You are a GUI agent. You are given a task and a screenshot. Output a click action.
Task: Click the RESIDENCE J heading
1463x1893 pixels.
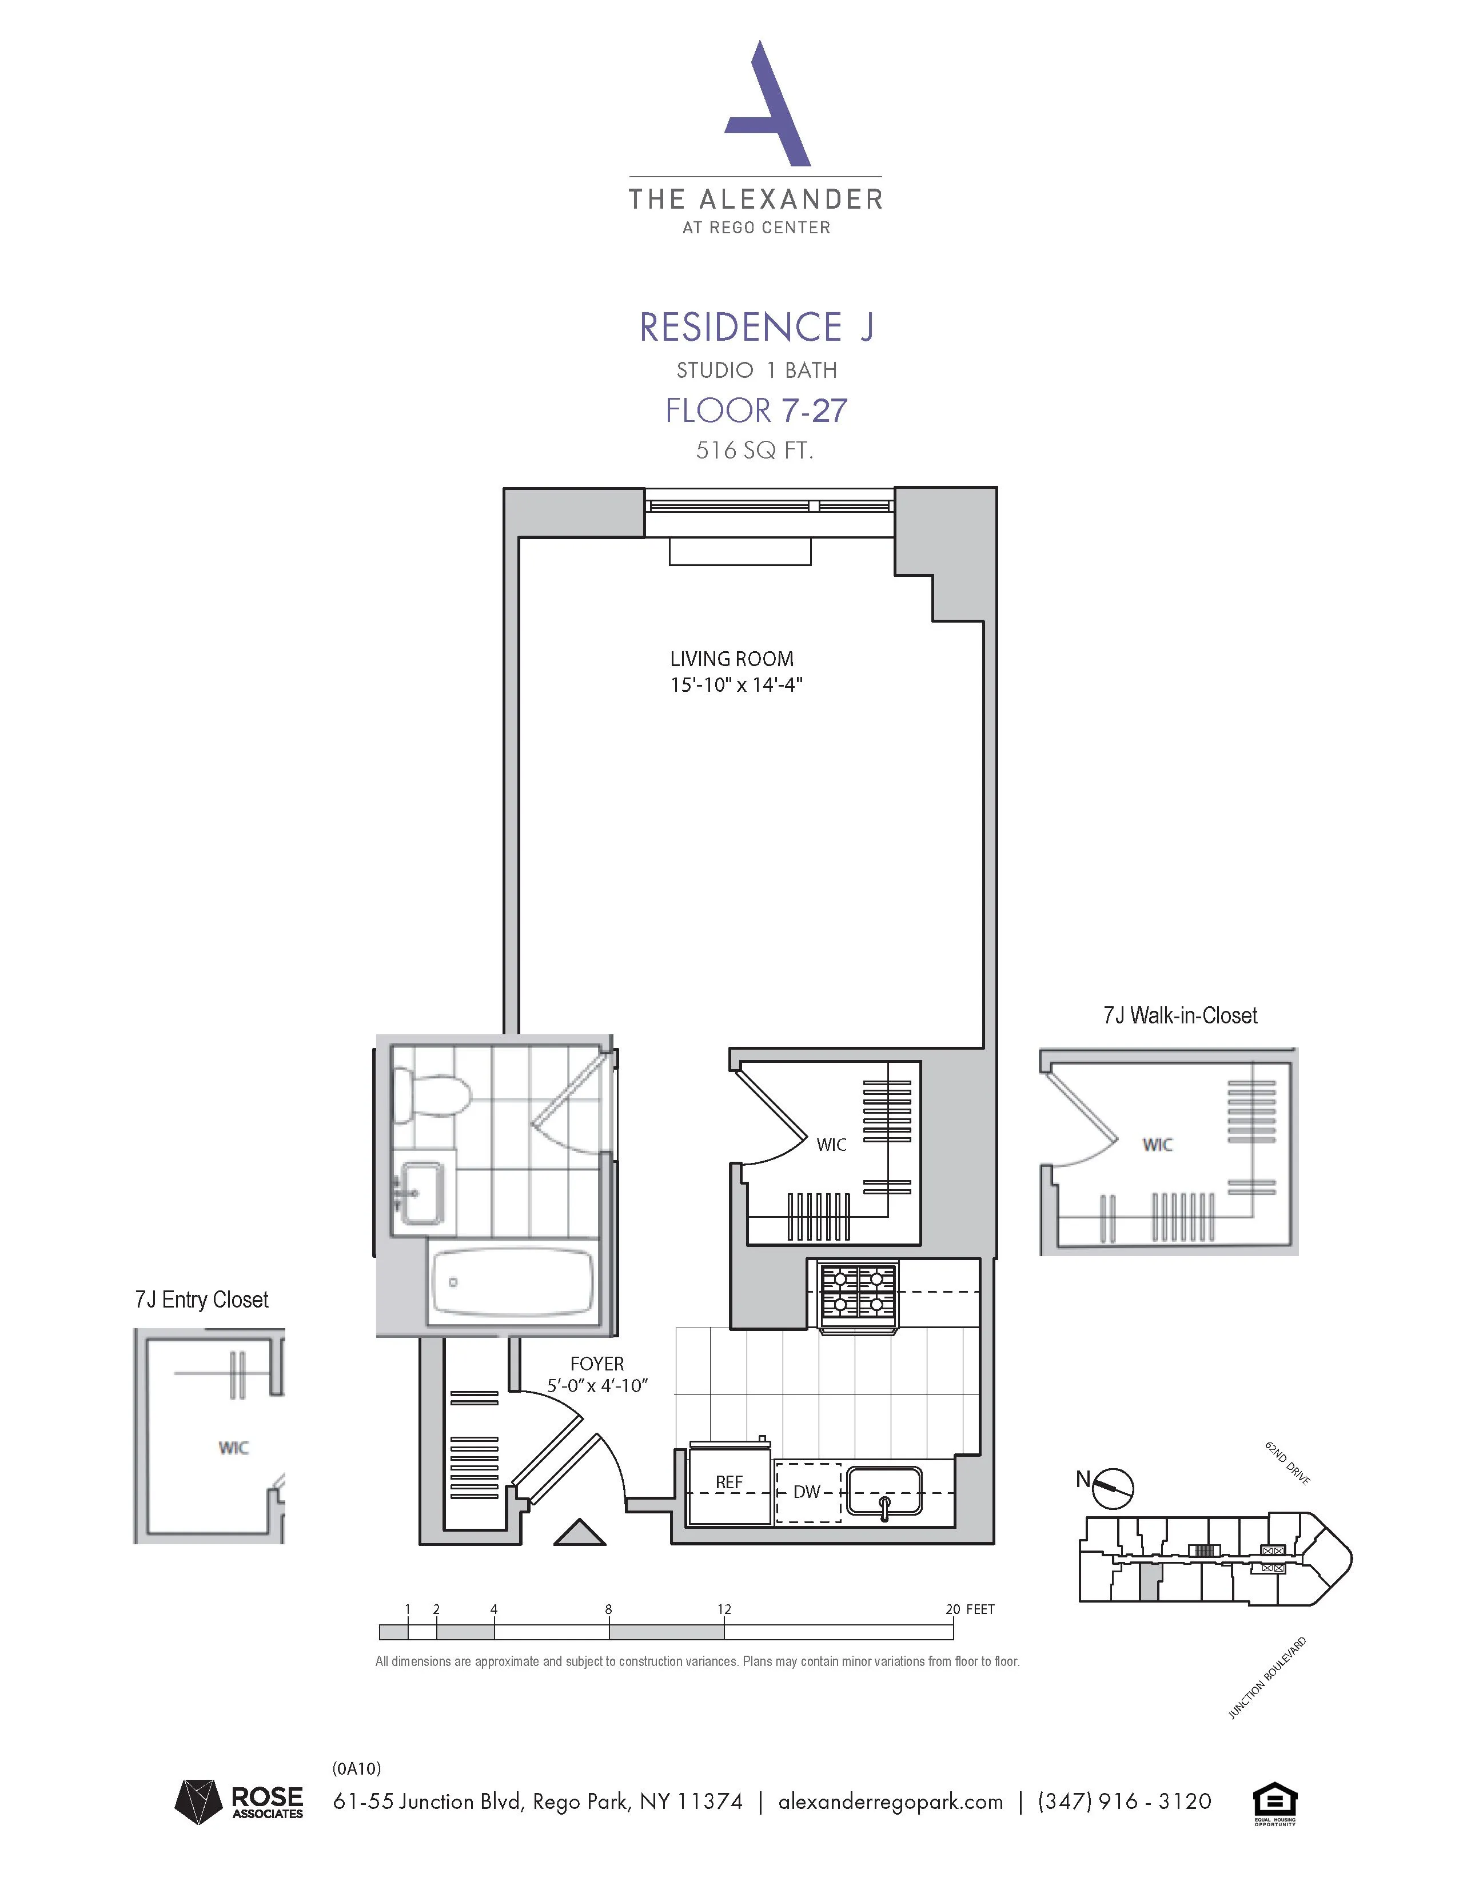click(x=756, y=328)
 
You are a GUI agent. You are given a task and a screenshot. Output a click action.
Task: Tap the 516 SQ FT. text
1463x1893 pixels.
click(x=754, y=451)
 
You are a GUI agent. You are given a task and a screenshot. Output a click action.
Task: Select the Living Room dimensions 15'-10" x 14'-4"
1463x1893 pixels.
click(x=736, y=685)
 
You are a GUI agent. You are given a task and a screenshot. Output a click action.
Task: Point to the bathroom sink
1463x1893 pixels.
click(x=422, y=1194)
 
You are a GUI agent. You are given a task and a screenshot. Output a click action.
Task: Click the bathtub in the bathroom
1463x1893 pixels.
click(x=513, y=1282)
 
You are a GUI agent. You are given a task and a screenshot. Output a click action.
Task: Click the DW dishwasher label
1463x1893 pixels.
click(x=806, y=1492)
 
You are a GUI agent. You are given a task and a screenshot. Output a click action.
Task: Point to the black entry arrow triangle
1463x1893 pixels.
click(x=579, y=1533)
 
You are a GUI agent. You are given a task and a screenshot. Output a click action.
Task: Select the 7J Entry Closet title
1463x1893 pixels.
click(x=201, y=1300)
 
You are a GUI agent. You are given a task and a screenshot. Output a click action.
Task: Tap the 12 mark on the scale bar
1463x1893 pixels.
click(x=724, y=1609)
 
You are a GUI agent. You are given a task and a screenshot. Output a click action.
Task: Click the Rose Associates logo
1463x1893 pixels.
click(x=239, y=1803)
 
